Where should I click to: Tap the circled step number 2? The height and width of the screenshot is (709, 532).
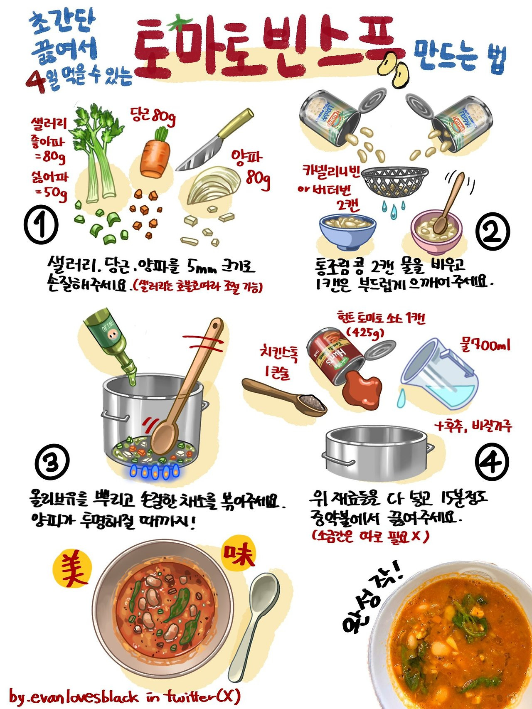pyautogui.click(x=492, y=233)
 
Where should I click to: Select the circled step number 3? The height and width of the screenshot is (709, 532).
pyautogui.click(x=52, y=462)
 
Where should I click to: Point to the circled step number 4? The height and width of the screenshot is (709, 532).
pyautogui.click(x=492, y=462)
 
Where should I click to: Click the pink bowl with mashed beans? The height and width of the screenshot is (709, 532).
pyautogui.click(x=436, y=233)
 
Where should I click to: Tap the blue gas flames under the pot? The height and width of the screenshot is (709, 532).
pyautogui.click(x=155, y=472)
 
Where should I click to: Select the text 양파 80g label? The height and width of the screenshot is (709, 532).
pyautogui.click(x=252, y=168)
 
